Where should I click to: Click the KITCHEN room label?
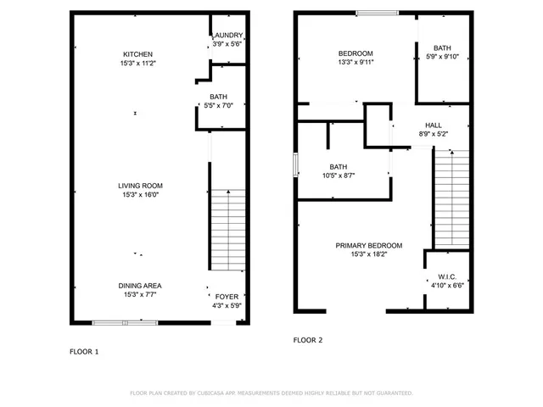click(x=137, y=54)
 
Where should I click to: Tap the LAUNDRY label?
click(x=227, y=35)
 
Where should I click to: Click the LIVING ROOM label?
click(x=141, y=186)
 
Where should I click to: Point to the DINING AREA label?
click(x=140, y=286)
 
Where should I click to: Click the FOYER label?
click(x=227, y=296)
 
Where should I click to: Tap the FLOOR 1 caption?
click(x=84, y=351)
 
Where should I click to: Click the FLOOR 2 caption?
click(x=308, y=340)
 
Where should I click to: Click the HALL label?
click(x=434, y=125)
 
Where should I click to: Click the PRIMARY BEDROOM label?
click(x=368, y=246)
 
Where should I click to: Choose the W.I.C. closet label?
click(x=447, y=276)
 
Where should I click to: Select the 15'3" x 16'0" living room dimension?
click(x=141, y=195)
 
